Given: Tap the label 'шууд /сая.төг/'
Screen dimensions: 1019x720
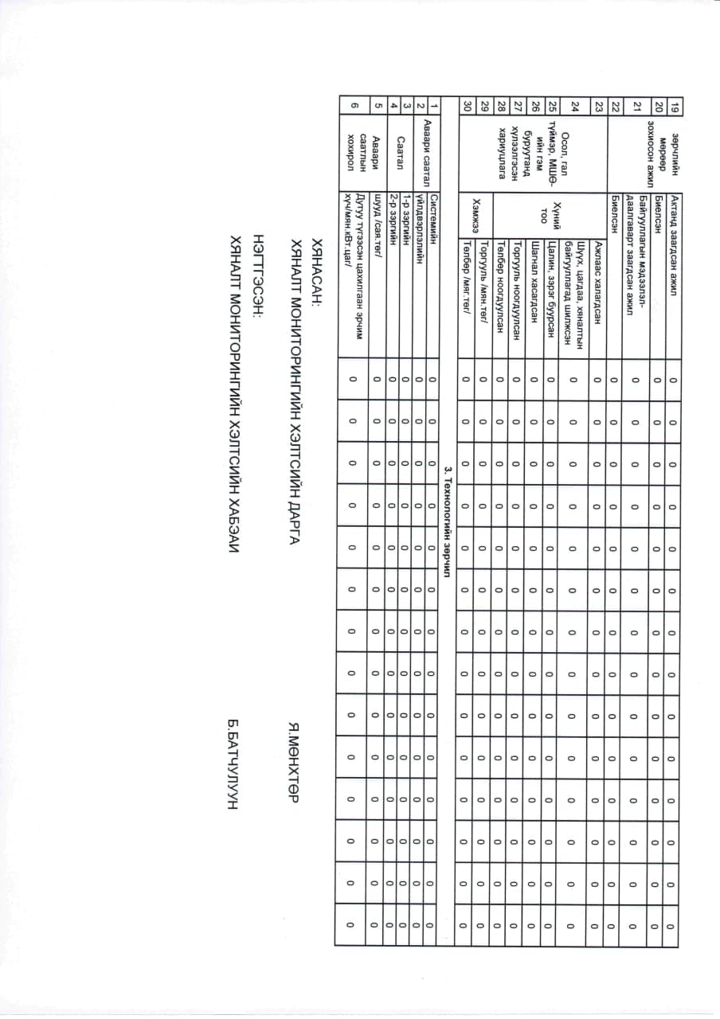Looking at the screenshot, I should [x=376, y=230].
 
